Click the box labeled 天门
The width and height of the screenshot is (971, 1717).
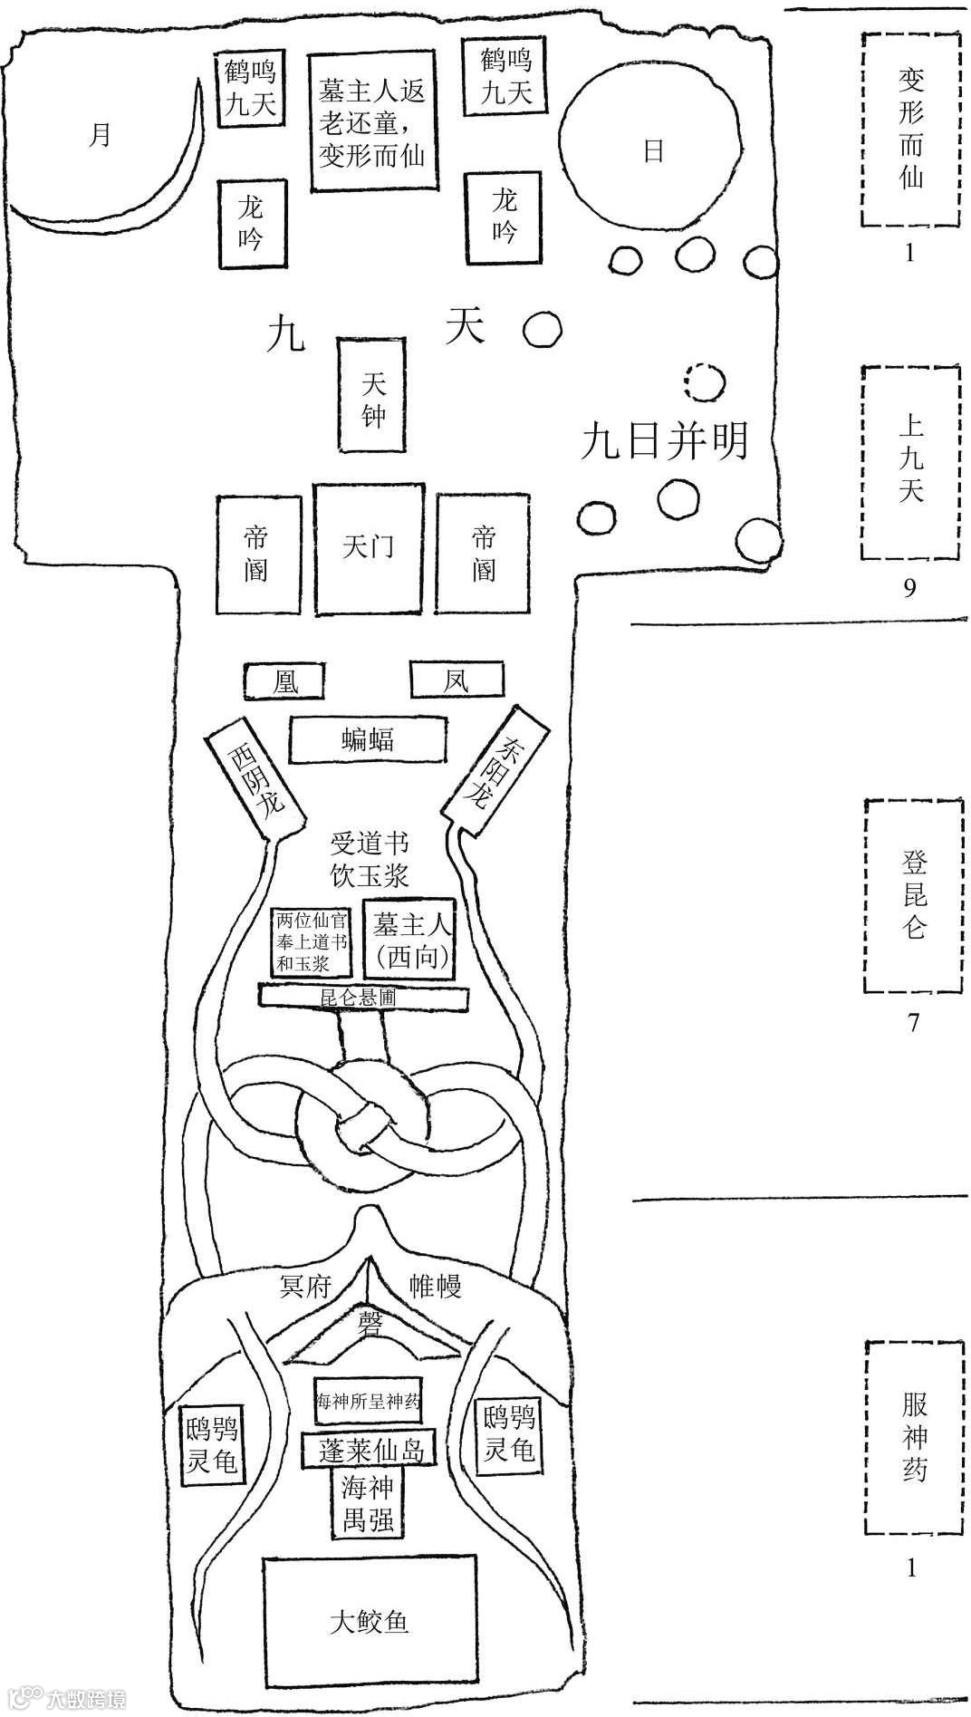pos(369,547)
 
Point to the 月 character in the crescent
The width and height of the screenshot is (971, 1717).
pos(101,136)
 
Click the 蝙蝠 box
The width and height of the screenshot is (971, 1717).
pos(368,740)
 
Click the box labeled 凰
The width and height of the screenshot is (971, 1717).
pos(284,680)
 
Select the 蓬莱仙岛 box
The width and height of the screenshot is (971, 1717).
pos(370,1448)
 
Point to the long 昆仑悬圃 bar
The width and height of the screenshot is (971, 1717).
pos(364,997)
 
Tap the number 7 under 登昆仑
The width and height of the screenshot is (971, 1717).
pos(913,1023)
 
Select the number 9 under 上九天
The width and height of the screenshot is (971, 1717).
pos(909,588)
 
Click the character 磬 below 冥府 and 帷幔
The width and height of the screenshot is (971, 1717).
pos(370,1319)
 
